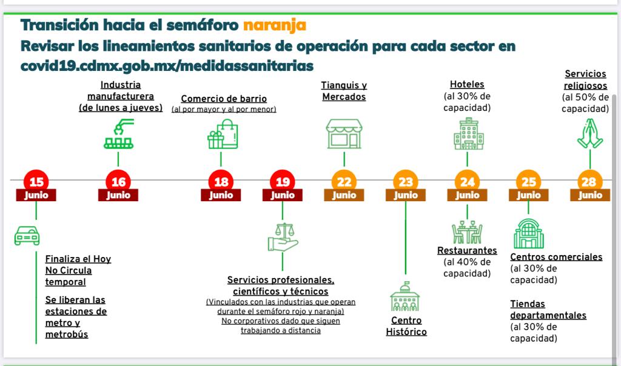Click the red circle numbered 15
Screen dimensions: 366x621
[x=36, y=181]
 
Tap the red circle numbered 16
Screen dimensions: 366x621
[x=118, y=181]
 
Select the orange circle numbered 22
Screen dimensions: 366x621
[x=344, y=181]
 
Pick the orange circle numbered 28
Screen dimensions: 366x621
[x=589, y=181]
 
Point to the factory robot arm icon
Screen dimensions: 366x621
[x=118, y=135]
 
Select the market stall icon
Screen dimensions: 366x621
[x=344, y=133]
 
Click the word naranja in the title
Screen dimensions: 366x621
[x=274, y=25]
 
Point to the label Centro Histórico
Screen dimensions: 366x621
[x=406, y=326]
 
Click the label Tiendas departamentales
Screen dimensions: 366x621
[x=548, y=310]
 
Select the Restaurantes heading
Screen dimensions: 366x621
[x=467, y=250]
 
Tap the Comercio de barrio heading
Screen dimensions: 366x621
[x=224, y=99]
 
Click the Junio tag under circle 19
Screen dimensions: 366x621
[x=283, y=195]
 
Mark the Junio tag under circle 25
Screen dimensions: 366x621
[x=529, y=195]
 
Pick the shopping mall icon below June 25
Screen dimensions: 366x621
[x=529, y=234]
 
